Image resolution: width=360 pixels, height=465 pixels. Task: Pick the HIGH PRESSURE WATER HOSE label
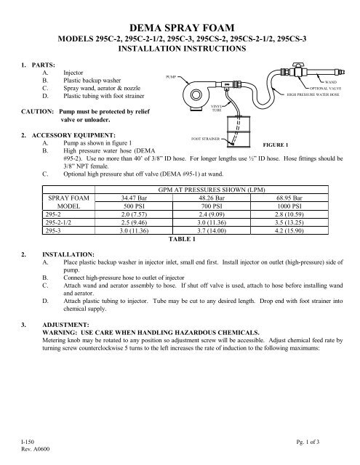[x=313, y=95]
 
